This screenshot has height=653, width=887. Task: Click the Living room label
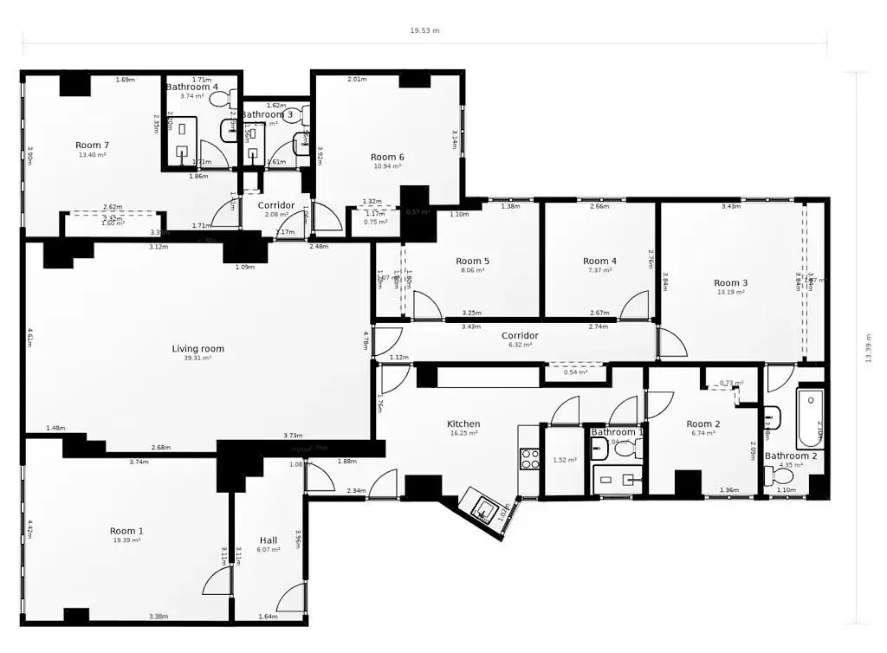[197, 349]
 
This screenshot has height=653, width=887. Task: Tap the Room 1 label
[126, 531]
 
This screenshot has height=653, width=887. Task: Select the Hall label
[269, 540]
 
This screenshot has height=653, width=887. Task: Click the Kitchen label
[463, 423]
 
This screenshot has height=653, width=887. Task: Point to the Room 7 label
[92, 145]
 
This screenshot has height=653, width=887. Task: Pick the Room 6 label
[387, 157]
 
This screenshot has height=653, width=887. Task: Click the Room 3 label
[730, 282]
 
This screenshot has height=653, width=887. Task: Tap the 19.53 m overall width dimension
[424, 30]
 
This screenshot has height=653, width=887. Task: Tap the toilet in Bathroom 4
[220, 99]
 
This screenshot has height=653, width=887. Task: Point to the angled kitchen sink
[482, 508]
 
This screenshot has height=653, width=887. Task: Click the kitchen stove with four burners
[529, 459]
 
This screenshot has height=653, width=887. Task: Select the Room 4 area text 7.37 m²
[599, 270]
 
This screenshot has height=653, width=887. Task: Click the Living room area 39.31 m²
[197, 358]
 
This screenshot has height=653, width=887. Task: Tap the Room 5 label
[473, 261]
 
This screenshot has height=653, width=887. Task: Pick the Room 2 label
[703, 423]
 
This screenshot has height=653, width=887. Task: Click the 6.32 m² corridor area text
[520, 345]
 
